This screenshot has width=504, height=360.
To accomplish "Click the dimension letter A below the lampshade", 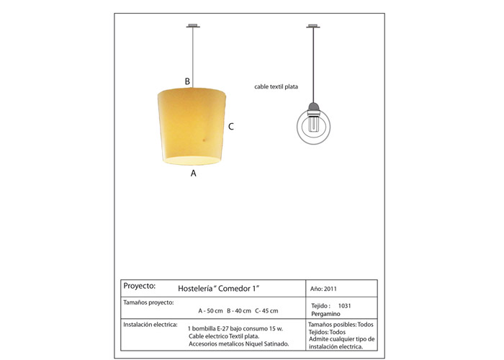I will (193, 173).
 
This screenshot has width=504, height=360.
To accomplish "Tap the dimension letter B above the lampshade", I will (187, 81).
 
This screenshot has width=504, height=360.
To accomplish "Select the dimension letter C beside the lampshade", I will (230, 127).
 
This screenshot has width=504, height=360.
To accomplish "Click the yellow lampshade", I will (193, 125).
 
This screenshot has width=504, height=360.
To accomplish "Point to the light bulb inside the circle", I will (313, 125).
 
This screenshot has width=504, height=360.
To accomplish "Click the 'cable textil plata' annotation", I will (276, 86).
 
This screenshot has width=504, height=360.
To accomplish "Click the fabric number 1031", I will (344, 305).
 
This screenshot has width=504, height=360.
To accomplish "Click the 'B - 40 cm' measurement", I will (239, 311).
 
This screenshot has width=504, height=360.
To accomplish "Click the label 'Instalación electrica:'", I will (150, 325).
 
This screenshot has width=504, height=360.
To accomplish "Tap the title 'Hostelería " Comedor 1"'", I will (218, 288).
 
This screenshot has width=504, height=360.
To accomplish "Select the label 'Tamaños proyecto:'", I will (148, 302).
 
